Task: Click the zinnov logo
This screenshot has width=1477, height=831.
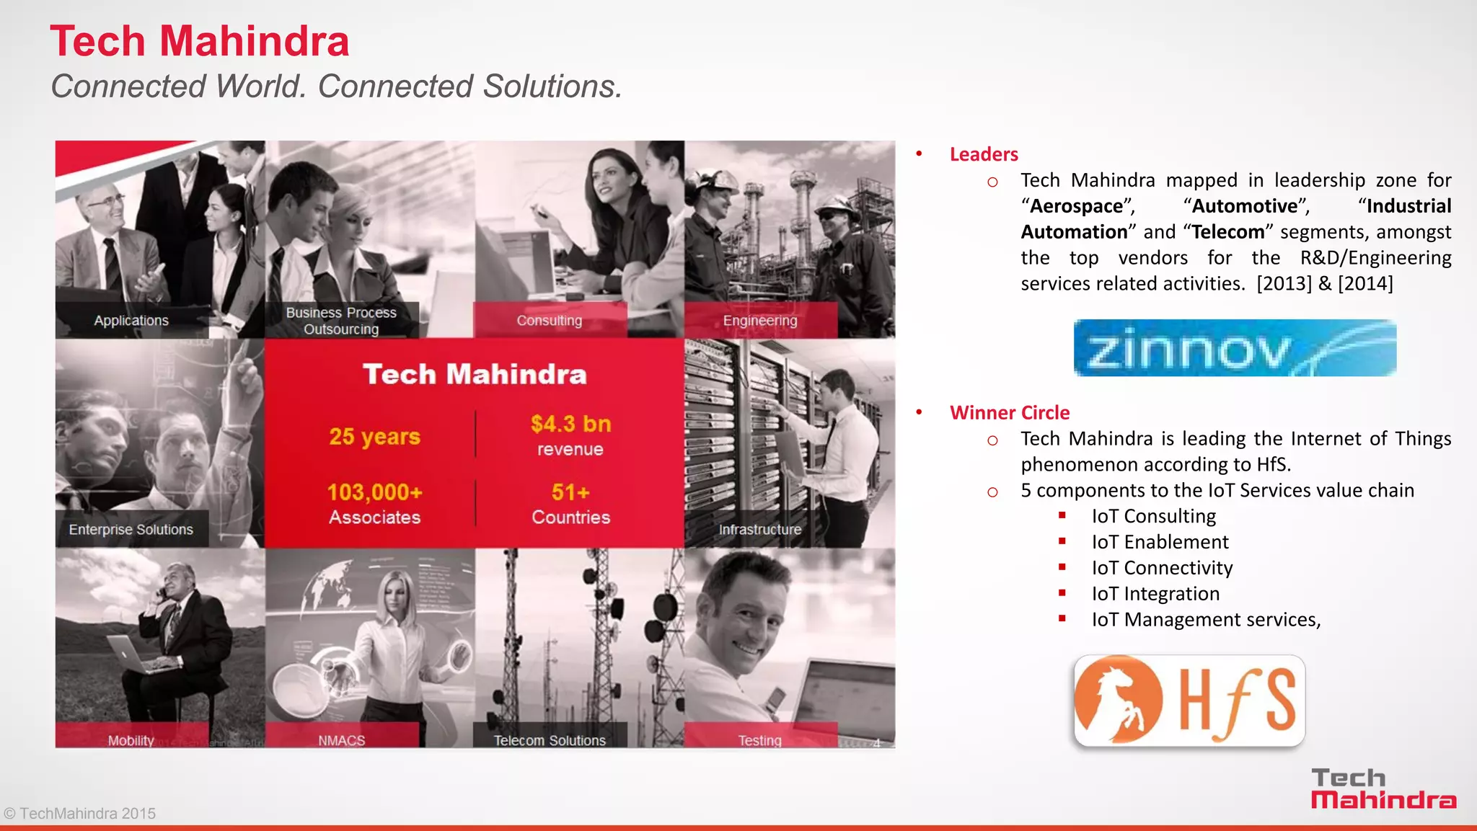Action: [x=1234, y=348]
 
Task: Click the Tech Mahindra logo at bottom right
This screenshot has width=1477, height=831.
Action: [x=1383, y=789]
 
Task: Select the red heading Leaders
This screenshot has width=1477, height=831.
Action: [x=983, y=154]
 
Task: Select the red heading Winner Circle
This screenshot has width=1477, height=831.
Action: [x=1009, y=413]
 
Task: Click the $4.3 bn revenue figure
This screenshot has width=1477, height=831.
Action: [x=570, y=435]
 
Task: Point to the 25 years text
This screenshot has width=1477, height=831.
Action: [x=374, y=437]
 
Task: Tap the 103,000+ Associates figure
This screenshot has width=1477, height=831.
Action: [x=374, y=504]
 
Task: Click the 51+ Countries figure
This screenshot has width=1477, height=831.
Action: [x=570, y=504]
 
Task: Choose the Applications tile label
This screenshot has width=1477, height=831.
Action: [x=131, y=321]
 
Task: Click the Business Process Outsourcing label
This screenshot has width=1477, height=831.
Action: [x=341, y=321]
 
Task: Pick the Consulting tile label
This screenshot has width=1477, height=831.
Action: [x=549, y=321]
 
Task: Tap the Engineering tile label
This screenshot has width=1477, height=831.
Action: [x=760, y=321]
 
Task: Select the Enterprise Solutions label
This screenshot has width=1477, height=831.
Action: [x=131, y=530]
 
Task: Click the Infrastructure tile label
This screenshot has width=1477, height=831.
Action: [x=760, y=530]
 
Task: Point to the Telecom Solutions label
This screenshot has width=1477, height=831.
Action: [x=550, y=740]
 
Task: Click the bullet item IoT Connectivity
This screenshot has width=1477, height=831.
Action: [x=1161, y=568]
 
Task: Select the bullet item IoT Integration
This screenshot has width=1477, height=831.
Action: [x=1155, y=594]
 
